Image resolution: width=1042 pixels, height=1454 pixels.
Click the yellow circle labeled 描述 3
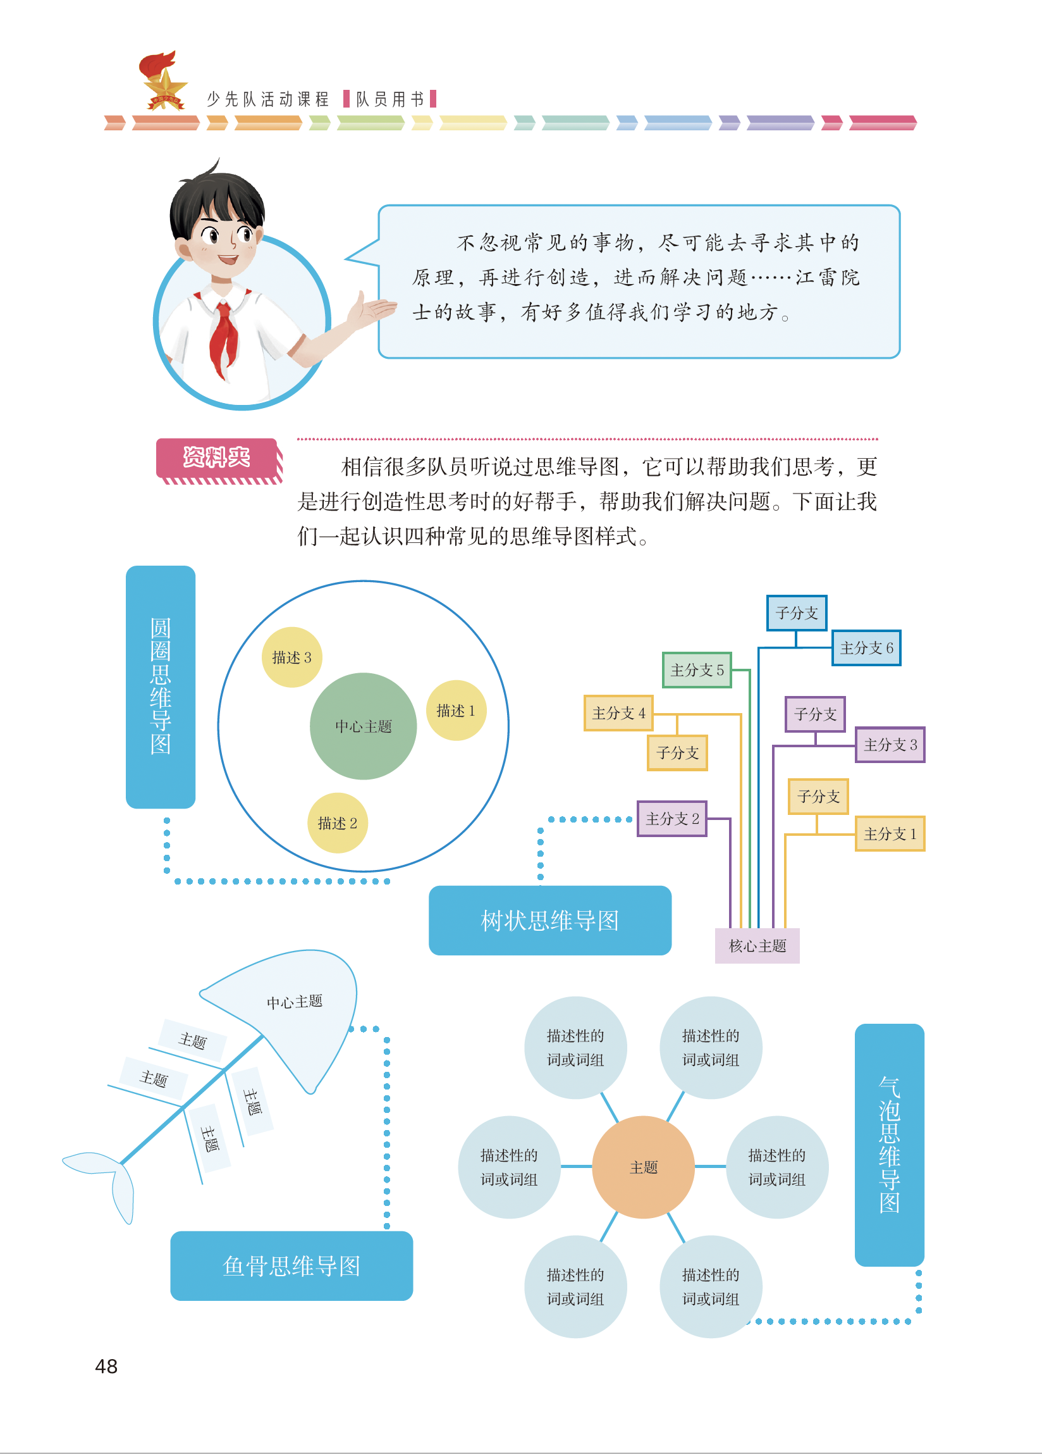coord(291,657)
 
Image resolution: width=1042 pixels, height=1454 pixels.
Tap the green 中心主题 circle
coord(364,726)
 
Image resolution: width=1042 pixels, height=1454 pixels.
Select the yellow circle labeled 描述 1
coord(456,711)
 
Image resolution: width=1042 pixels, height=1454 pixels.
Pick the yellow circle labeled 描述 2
coord(337,823)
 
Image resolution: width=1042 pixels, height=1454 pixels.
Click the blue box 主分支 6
coord(866,647)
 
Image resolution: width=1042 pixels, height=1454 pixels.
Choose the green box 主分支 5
coord(697,670)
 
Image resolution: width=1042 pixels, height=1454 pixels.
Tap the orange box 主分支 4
coord(618,713)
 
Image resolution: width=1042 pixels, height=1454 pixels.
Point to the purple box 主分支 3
coord(890,744)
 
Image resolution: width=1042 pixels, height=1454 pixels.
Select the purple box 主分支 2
coord(672,819)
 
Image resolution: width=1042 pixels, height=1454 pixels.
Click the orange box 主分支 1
coord(890,833)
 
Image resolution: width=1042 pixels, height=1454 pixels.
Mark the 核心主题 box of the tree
coord(757,946)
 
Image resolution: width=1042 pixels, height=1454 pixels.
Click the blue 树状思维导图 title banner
coord(550,921)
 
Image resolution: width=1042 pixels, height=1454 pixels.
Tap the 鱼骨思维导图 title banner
coord(291,1266)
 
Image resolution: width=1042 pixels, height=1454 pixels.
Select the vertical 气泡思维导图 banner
coord(890,1145)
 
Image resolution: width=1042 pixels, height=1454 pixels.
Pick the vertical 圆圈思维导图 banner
coord(160,687)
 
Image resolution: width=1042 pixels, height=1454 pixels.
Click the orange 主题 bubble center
coord(644,1167)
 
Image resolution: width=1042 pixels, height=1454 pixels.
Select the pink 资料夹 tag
coord(219,459)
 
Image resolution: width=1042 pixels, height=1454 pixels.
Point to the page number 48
coord(106,1366)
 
